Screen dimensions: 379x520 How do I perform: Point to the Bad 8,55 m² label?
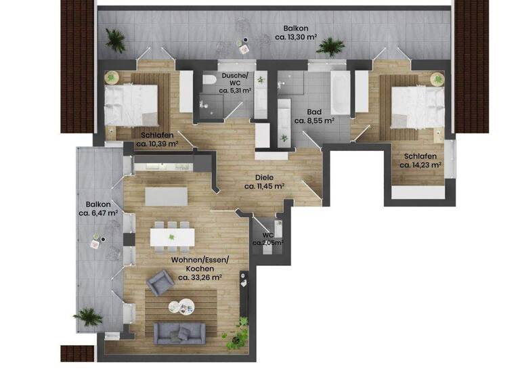tap(314, 116)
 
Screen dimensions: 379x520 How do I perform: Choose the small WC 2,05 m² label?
tap(267, 238)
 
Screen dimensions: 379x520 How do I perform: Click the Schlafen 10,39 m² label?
tap(156, 139)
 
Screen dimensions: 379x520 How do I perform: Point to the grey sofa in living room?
tap(179, 332)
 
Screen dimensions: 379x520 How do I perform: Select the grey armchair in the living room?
tap(161, 282)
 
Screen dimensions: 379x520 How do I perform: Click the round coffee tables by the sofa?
tap(181, 306)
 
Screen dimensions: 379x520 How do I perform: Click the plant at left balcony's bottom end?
tap(89, 316)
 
